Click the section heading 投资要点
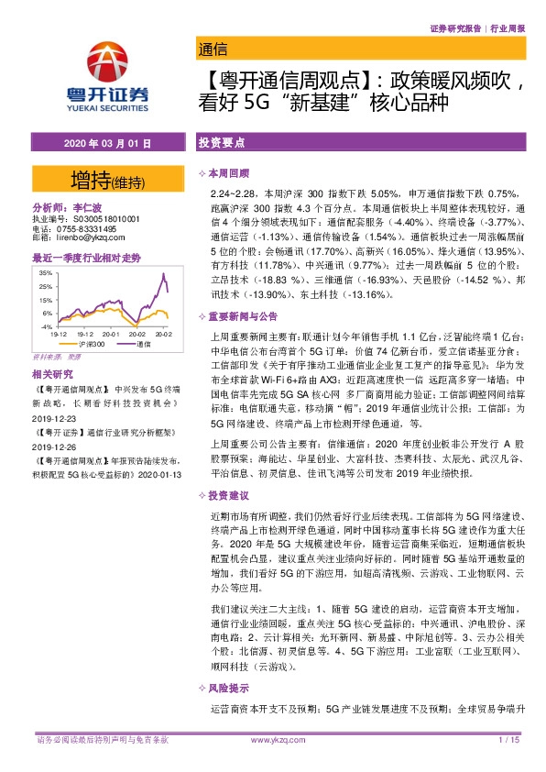pos(221,144)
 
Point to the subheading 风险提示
pos(229,688)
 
